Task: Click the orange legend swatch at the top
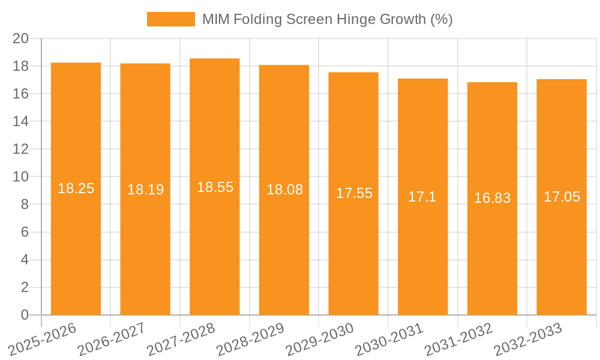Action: (171, 19)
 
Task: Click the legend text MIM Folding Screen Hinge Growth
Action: (327, 19)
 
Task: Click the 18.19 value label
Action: (145, 190)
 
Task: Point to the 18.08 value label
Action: (284, 190)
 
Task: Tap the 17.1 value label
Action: (422, 197)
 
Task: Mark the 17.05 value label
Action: (562, 197)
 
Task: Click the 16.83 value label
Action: (492, 198)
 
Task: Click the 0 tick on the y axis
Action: (25, 315)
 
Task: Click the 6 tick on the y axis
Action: (25, 232)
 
